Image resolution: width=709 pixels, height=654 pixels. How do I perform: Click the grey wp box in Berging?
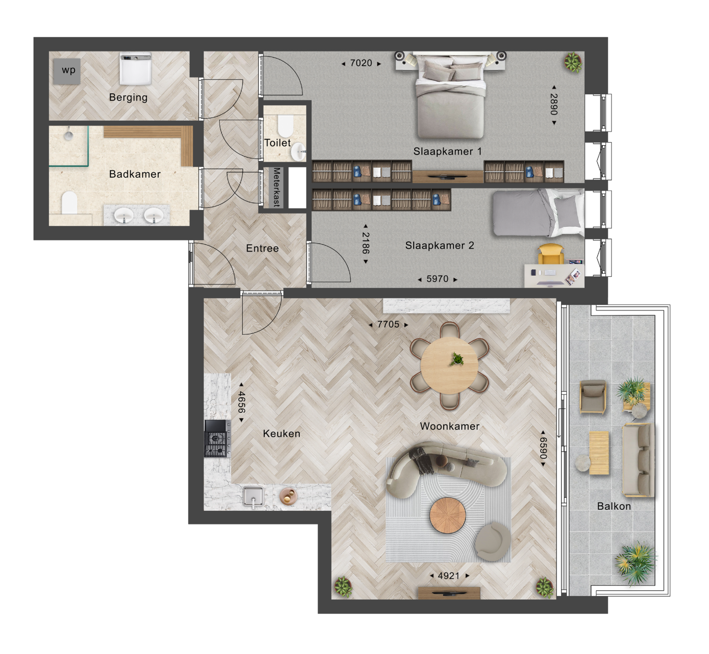pos(67,71)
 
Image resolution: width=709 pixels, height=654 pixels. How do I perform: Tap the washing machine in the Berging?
pos(135,68)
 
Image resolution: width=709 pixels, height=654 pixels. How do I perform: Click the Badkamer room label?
pos(135,174)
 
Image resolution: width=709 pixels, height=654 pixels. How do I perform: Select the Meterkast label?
pos(276,187)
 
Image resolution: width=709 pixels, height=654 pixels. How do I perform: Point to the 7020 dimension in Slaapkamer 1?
pos(361,63)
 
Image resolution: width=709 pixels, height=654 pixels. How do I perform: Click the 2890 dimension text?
pos(554,104)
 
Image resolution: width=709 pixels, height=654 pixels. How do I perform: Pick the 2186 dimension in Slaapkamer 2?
pos(366,243)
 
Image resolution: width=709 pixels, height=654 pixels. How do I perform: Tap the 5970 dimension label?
pos(437,279)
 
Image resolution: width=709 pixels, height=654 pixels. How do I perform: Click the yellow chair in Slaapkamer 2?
pos(551,254)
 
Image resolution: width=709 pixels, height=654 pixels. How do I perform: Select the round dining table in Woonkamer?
pos(449,365)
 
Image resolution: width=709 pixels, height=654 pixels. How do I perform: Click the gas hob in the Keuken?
pos(217,438)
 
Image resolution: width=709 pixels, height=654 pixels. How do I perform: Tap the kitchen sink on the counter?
pos(254,497)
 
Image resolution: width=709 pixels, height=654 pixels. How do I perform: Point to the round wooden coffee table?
pos(447,515)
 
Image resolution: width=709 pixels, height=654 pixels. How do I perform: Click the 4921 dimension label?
pos(449,576)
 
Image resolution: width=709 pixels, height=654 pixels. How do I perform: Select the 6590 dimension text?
pos(543,449)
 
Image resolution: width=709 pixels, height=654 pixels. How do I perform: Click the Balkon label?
pos(614,506)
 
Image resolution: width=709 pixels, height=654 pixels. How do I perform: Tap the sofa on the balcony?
pos(639,460)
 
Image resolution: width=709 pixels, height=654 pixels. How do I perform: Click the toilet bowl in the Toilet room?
pos(285,126)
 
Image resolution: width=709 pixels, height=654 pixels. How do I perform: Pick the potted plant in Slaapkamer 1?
pos(573,62)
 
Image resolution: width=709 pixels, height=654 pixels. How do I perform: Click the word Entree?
pos(262,248)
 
